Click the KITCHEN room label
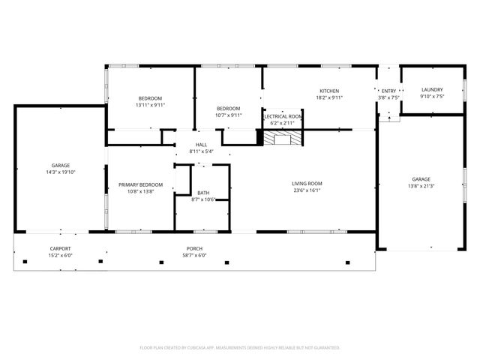[330, 90]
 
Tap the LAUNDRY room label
[431, 89]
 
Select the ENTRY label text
[389, 91]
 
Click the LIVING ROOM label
[307, 183]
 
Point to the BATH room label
[203, 193]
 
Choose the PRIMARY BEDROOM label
[140, 184]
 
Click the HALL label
[201, 145]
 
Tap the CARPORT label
[60, 248]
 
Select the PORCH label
[195, 248]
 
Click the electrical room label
[283, 117]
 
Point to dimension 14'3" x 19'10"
[60, 172]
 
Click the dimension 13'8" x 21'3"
[421, 186]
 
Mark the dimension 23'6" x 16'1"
[307, 190]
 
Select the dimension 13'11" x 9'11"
[149, 105]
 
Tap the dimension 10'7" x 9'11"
[228, 115]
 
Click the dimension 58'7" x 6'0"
[195, 255]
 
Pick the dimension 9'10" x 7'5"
[431, 96]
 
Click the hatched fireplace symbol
[283, 139]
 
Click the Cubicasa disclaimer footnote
[240, 347]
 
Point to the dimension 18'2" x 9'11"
[330, 97]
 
